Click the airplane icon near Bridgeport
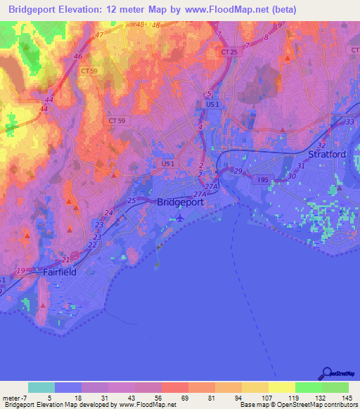coord(181,216)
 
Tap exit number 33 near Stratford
coord(349,122)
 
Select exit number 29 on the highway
coord(238,171)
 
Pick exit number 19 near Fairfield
coord(21,271)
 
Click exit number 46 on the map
coord(77,56)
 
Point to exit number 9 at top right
coord(279,25)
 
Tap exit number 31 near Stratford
coord(301,166)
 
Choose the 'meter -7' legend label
coord(15,398)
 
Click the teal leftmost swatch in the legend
coord(41,387)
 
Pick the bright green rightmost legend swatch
coord(335,387)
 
